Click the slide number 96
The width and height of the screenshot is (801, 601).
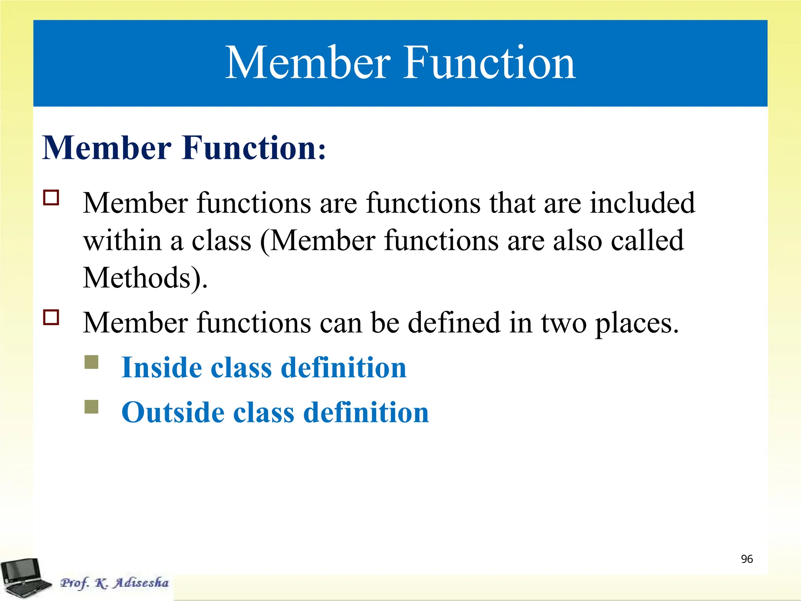747,559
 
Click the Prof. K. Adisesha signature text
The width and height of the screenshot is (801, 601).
114,583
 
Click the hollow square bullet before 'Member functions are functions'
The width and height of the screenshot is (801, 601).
51,198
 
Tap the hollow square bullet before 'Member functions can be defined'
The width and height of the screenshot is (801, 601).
51,317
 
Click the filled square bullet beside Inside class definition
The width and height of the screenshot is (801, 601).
92,362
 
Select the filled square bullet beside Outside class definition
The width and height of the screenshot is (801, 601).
92,407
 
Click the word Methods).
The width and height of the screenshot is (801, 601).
145,278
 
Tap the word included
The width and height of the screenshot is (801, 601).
642,203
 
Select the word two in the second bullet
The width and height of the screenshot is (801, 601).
564,323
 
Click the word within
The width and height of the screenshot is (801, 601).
122,240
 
